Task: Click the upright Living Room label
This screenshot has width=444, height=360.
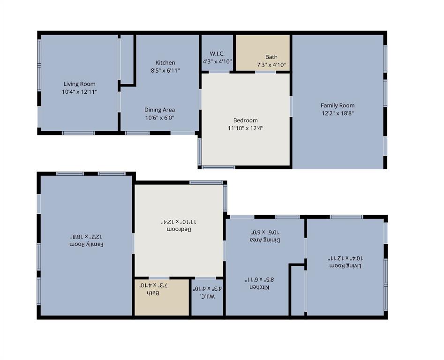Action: click(80, 84)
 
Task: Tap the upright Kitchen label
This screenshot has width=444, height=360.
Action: click(166, 63)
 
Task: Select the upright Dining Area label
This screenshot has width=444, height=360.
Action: click(159, 110)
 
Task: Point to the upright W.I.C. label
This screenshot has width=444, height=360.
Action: click(217, 54)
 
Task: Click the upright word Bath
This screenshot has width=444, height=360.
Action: click(271, 57)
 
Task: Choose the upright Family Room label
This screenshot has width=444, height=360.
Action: click(338, 105)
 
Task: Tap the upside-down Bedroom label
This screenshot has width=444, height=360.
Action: click(179, 229)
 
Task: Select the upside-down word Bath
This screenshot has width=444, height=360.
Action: click(153, 293)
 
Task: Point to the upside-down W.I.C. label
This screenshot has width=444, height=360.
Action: click(207, 296)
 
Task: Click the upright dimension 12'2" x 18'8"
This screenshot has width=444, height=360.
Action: click(338, 113)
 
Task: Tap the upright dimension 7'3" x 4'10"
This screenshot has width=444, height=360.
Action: click(271, 65)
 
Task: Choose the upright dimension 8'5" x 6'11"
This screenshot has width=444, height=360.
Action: click(166, 70)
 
